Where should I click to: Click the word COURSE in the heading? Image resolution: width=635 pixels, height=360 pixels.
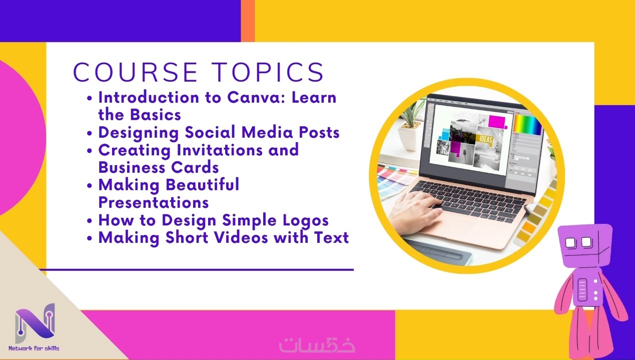[135, 72]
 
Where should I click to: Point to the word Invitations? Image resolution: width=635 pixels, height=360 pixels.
[220, 150]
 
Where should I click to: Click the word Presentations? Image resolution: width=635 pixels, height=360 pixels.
[154, 203]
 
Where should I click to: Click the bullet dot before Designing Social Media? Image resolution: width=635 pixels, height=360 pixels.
[90, 133]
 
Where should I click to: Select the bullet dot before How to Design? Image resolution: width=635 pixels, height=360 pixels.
[90, 221]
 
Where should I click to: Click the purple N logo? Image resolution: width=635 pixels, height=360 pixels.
[35, 323]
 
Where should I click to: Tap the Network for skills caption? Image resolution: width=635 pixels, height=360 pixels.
[34, 348]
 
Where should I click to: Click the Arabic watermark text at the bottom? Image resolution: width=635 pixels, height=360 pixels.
[317, 345]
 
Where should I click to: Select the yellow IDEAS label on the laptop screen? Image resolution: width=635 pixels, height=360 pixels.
[486, 139]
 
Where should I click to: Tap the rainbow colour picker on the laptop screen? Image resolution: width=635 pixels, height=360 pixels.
[527, 124]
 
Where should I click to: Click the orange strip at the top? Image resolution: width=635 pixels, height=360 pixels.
[248, 21]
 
